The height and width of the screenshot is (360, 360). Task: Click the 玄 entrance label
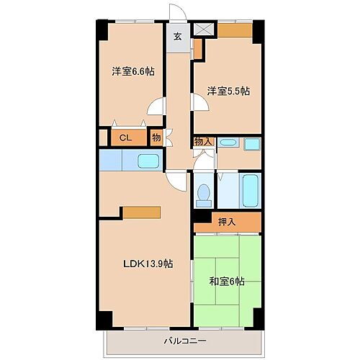click(x=177, y=38)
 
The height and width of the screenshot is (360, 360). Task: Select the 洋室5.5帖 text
click(x=229, y=91)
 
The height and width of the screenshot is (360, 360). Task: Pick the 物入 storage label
click(x=203, y=142)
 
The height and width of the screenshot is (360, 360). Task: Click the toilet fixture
click(x=204, y=192)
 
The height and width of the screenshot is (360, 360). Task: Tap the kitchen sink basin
click(x=148, y=161)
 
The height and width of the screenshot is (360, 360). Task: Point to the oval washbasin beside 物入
click(x=228, y=143)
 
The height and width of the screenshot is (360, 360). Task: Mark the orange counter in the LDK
click(x=141, y=212)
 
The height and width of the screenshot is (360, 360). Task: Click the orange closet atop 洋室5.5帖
click(x=235, y=30)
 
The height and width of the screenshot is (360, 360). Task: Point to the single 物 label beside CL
click(x=156, y=136)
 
